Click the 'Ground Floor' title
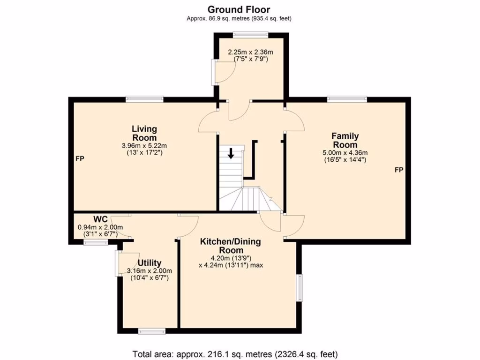(x=239, y=9)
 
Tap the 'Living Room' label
(x=144, y=133)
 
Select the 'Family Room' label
(x=345, y=140)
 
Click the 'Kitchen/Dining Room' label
(x=230, y=246)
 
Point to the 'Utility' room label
(x=150, y=263)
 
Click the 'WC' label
(x=100, y=219)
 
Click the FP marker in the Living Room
(x=80, y=159)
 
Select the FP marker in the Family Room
(x=398, y=170)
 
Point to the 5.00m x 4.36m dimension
(x=345, y=152)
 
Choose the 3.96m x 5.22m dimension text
(x=144, y=145)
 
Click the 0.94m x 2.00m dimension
(x=100, y=227)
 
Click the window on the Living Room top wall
(x=144, y=99)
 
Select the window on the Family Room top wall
(x=347, y=99)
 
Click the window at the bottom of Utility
(x=152, y=331)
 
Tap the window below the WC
(x=96, y=242)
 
